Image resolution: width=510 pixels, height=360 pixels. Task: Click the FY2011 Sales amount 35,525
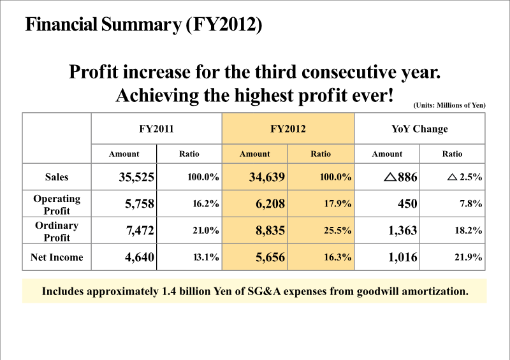point(136,178)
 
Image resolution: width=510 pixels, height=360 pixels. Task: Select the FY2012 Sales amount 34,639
point(266,178)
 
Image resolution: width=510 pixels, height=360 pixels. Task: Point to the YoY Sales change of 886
point(401,178)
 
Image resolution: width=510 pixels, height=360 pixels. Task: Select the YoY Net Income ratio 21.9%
point(468,257)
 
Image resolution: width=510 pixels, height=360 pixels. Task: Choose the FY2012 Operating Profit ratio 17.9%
point(337,204)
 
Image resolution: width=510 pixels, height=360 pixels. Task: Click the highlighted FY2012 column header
point(288,129)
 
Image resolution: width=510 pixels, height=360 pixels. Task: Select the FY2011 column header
point(156,129)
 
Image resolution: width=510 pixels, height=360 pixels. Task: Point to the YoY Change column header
point(419,129)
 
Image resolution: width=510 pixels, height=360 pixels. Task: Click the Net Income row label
point(57,257)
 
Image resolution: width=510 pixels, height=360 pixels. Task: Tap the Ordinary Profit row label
point(57,231)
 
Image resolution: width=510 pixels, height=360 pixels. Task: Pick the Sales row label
point(57,178)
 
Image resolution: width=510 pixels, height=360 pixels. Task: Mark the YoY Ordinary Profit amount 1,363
point(402,231)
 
